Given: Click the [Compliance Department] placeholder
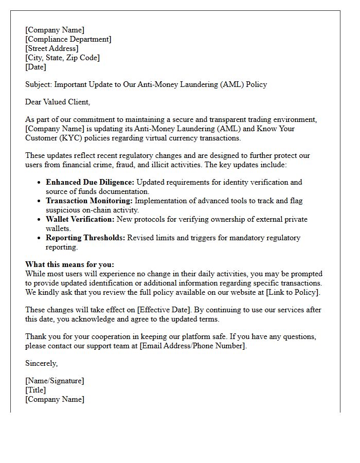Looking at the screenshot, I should [x=68, y=39].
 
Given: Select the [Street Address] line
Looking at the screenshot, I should [x=51, y=48].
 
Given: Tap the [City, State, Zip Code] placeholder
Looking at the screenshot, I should [x=62, y=58].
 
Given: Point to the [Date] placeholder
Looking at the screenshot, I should [x=35, y=67].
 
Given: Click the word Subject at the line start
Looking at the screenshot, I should [x=38, y=84].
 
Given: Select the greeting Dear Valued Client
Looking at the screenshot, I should [x=57, y=102].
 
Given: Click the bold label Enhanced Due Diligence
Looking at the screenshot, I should [x=89, y=182].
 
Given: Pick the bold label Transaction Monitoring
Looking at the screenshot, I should [x=89, y=201].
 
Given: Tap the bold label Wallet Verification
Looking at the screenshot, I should [x=80, y=219].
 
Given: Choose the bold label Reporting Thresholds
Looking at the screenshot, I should [x=85, y=238].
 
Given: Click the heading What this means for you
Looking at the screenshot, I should [x=69, y=264].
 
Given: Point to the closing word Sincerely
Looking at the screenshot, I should [x=41, y=363].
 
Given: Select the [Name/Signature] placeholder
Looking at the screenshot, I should [x=55, y=381].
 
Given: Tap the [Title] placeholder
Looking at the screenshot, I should [x=35, y=390].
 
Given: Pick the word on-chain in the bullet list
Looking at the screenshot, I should [x=100, y=210].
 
